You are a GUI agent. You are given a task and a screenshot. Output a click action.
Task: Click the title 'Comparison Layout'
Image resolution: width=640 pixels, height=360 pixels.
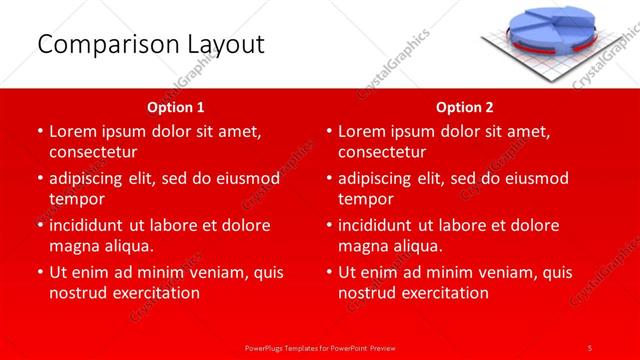tap(151, 44)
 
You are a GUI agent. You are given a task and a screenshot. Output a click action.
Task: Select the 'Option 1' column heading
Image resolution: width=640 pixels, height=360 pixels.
tap(176, 106)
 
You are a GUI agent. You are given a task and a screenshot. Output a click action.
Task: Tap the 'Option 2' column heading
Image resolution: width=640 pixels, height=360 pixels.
tap(465, 106)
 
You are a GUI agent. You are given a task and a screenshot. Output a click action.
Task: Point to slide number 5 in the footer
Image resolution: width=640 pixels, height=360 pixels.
tap(590, 346)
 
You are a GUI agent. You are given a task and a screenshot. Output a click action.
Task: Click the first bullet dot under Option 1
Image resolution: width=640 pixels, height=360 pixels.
tap(39, 131)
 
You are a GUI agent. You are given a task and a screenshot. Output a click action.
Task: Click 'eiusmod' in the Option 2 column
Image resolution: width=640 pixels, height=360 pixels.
tap(538, 178)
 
